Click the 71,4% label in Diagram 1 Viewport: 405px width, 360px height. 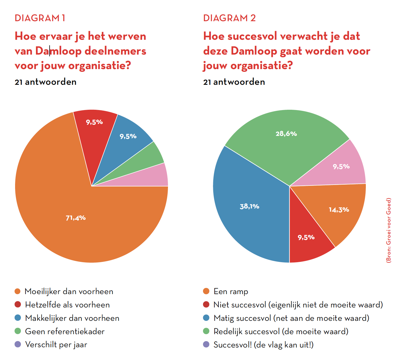coord(76,218)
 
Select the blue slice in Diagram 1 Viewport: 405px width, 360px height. coord(128,139)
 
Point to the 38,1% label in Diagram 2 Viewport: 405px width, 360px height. coord(249,206)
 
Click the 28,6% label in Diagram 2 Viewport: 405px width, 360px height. coord(286,134)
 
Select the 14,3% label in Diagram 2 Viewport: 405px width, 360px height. coord(339,210)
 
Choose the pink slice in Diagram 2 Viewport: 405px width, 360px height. coord(341,167)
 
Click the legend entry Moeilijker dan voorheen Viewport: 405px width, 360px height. coord(69,291)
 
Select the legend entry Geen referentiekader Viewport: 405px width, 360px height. coord(65,332)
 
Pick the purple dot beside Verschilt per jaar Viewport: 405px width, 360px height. coord(18,345)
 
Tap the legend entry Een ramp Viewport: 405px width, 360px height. coord(231,291)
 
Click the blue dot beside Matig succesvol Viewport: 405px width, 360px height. coord(206,318)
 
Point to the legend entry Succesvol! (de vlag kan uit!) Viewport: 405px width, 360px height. coord(263,345)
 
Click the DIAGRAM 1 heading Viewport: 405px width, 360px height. coord(40,18)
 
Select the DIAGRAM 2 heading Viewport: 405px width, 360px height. coord(229,18)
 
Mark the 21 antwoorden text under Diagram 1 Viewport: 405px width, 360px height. coord(46,82)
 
